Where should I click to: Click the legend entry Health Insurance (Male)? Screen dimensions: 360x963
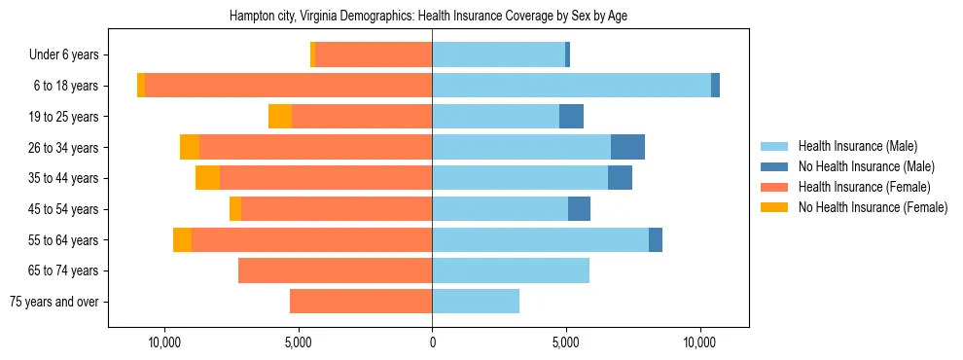[857, 146]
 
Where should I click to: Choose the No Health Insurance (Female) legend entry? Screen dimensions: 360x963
[873, 207]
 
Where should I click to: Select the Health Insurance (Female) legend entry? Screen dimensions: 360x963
[864, 187]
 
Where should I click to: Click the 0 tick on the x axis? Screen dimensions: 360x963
[432, 343]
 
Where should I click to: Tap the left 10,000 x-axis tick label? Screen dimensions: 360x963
[165, 343]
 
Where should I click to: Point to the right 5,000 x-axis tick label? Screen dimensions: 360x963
[566, 343]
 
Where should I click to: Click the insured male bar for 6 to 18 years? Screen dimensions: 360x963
[571, 86]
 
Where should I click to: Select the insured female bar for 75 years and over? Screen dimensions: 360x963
[361, 302]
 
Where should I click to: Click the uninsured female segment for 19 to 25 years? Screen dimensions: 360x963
[280, 117]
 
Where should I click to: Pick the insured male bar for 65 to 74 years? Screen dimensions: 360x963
[511, 270]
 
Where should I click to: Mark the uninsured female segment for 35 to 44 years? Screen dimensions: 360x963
[207, 178]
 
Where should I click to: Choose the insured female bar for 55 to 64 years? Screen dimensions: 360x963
[311, 239]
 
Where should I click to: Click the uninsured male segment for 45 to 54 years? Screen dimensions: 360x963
[579, 209]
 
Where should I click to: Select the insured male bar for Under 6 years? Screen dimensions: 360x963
[498, 55]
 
